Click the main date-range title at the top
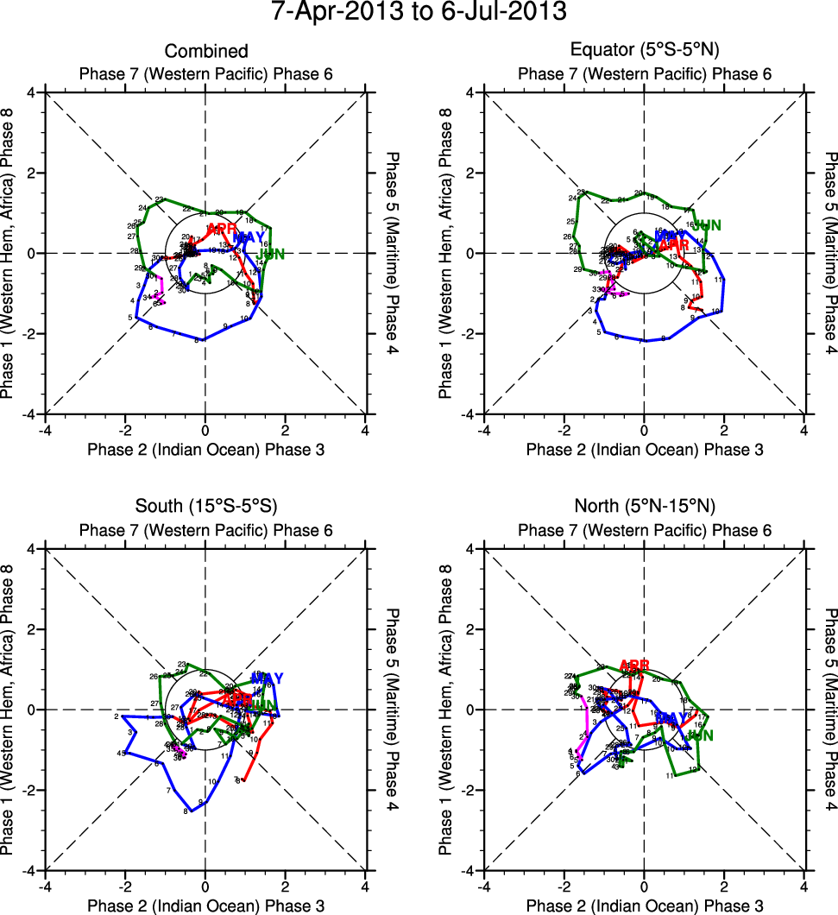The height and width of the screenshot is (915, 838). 419,13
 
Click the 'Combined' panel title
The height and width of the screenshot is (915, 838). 206,52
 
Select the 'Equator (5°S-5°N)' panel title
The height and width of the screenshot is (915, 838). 645,52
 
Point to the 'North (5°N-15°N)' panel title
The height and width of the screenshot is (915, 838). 645,506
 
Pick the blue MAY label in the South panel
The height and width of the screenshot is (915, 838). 268,678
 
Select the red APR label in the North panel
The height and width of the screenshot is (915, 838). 634,665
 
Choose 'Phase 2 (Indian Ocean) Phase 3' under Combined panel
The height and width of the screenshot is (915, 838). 205,449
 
